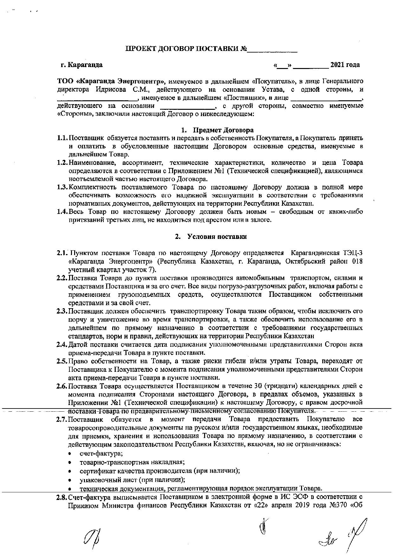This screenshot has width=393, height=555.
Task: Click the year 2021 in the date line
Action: [x=337, y=65]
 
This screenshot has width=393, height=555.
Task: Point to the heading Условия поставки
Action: [x=217, y=237]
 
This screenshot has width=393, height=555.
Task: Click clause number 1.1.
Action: [x=62, y=138]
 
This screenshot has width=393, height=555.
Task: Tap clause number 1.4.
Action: [x=62, y=212]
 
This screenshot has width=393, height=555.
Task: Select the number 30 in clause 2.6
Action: [x=258, y=386]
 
